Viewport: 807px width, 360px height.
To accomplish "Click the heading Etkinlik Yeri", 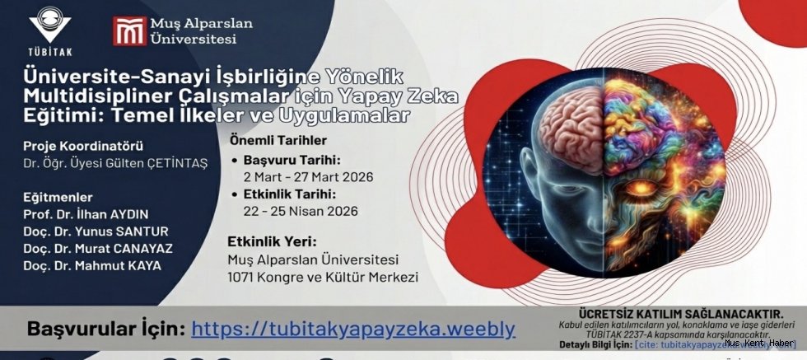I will coord(272,242).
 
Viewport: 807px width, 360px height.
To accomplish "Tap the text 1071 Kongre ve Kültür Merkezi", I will coord(322,277).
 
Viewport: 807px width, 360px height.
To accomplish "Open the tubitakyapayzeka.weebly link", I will coord(353,329).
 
